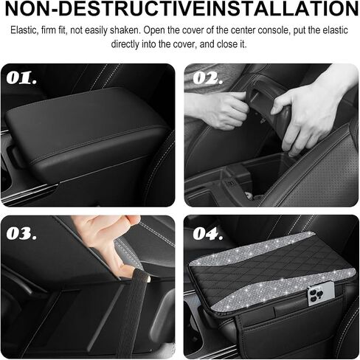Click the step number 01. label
click(x=21, y=78)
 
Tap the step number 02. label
click(x=208, y=78)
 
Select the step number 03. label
click(x=21, y=233)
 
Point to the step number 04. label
click(x=208, y=233)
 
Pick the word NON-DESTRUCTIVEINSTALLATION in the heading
click(x=181, y=8)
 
